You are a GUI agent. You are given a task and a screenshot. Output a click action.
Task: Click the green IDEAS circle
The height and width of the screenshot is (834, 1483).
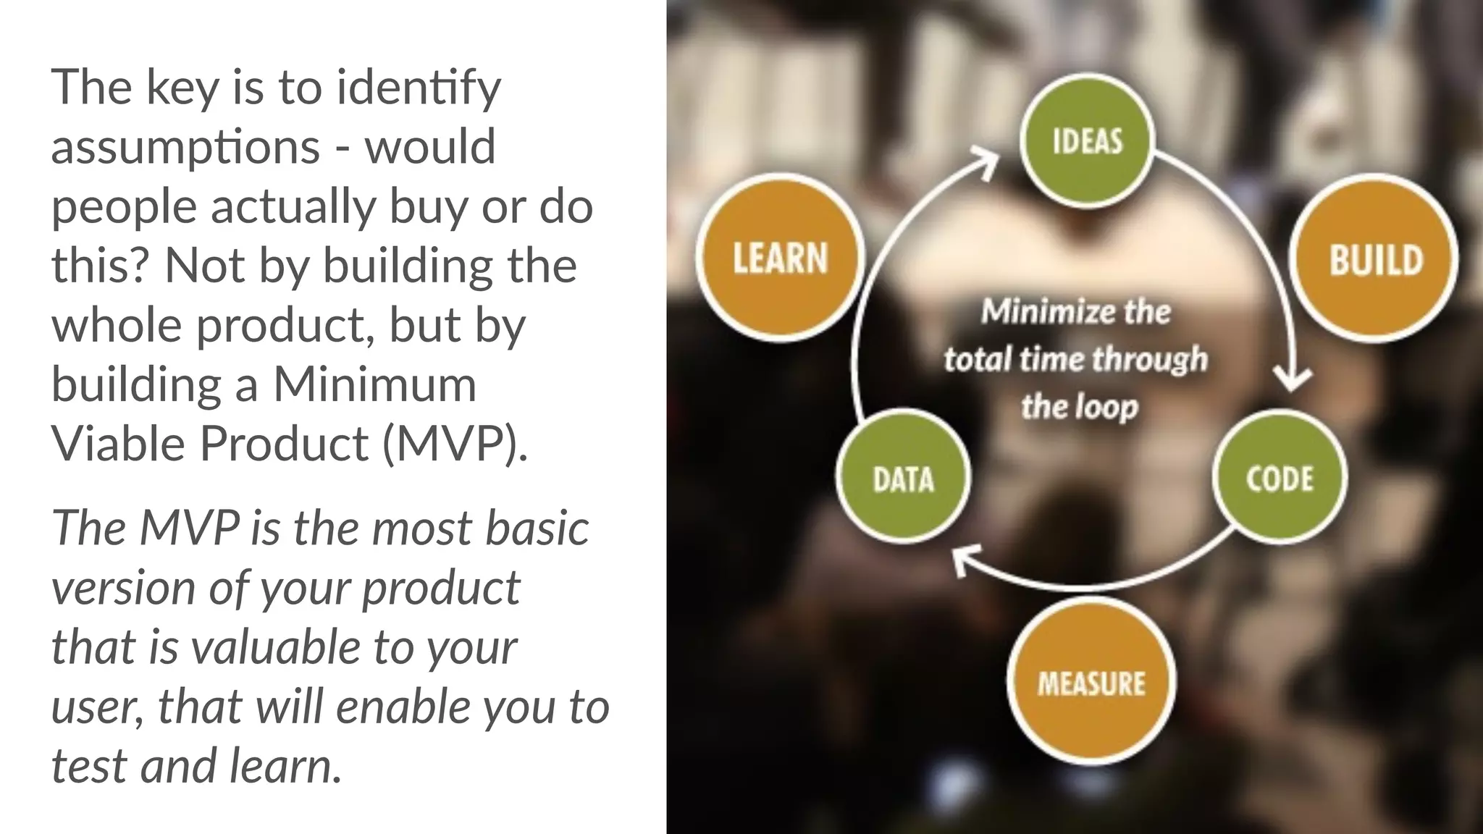pos(1087,140)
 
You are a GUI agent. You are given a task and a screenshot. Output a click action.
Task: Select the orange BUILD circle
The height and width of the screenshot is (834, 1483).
pos(1375,259)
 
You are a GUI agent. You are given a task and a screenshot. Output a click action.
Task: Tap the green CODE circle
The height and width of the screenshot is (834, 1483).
pos(1280,479)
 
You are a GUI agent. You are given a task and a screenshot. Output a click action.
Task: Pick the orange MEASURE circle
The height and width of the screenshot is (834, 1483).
pos(1091,683)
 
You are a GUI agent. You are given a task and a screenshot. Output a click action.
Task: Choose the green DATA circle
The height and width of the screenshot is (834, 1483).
pos(903,479)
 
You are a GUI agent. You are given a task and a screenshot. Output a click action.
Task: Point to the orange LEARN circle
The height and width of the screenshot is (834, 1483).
pos(780,258)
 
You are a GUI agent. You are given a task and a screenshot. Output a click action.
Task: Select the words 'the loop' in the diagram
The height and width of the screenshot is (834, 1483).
pos(1080,406)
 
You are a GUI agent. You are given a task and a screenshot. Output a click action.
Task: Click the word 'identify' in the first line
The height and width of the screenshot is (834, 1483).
pos(419,88)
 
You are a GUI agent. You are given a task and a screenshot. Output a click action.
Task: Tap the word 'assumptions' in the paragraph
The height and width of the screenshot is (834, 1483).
pos(185,147)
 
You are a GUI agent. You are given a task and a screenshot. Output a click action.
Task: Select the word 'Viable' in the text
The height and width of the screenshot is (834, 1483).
pos(118,443)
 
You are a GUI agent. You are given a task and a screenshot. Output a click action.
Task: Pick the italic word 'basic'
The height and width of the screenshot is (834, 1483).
pos(537,528)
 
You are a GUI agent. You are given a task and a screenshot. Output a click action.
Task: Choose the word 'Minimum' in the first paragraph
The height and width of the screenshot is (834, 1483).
pos(374,384)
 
